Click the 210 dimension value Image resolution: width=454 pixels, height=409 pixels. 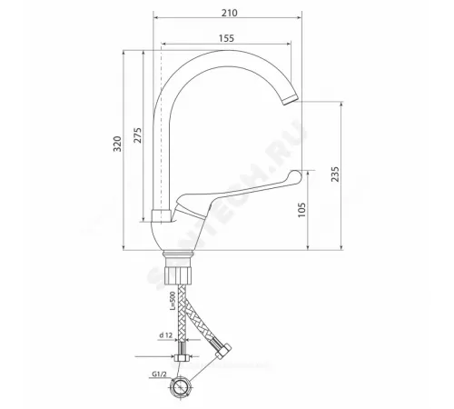click(229, 13)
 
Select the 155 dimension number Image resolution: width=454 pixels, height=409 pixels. click(226, 38)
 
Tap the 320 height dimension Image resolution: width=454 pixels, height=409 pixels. click(117, 144)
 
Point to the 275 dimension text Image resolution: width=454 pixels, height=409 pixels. click(138, 135)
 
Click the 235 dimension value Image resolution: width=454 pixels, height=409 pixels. click(335, 174)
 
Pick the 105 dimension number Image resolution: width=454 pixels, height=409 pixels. click(301, 210)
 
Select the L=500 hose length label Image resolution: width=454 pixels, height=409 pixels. click(173, 301)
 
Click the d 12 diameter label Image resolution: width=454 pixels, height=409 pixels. click(165, 335)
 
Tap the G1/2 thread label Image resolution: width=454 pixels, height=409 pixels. click(159, 374)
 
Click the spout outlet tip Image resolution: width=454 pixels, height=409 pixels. click(291, 100)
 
